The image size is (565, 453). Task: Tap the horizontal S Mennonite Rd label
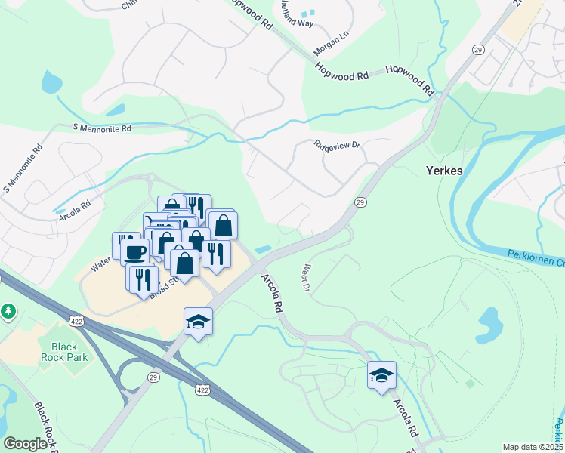[101, 129]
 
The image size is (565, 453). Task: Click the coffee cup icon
[134, 251]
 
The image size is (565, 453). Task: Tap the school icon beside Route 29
[198, 322]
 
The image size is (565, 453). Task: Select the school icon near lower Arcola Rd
[381, 374]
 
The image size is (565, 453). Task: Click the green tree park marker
[8, 310]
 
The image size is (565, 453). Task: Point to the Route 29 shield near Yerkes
[360, 202]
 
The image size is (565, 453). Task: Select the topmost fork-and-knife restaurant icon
[196, 206]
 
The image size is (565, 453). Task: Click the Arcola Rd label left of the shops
[75, 205]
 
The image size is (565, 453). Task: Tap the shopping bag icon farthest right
[224, 224]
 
